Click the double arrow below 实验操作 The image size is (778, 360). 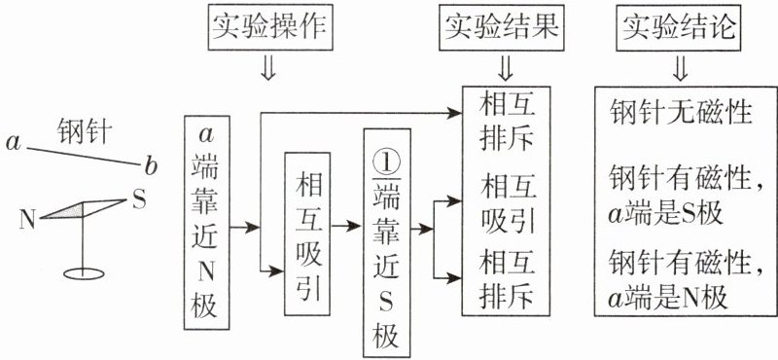tap(268, 68)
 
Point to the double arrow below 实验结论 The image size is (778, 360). tap(681, 68)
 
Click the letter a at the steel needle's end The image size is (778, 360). tap(14, 143)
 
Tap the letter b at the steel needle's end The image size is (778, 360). tap(151, 166)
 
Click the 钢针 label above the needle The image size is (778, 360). tap(84, 130)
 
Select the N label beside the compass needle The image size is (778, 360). tap(28, 220)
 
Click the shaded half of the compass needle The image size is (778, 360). tap(62, 210)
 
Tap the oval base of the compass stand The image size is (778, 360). tap(85, 273)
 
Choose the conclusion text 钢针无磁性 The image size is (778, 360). tap(682, 113)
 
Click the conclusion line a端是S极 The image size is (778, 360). tap(665, 213)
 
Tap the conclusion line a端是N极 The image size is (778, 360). tap(667, 298)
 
